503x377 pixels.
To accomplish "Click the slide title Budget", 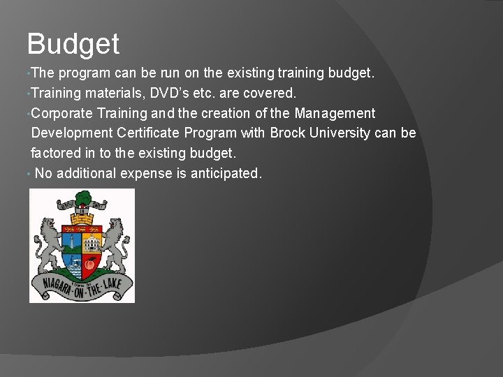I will [x=73, y=44].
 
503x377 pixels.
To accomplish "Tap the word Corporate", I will [x=62, y=112].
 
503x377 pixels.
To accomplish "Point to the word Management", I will [x=335, y=112].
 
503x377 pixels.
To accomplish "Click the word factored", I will [x=54, y=153].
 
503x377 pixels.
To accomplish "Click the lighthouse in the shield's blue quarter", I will [x=72, y=244].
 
